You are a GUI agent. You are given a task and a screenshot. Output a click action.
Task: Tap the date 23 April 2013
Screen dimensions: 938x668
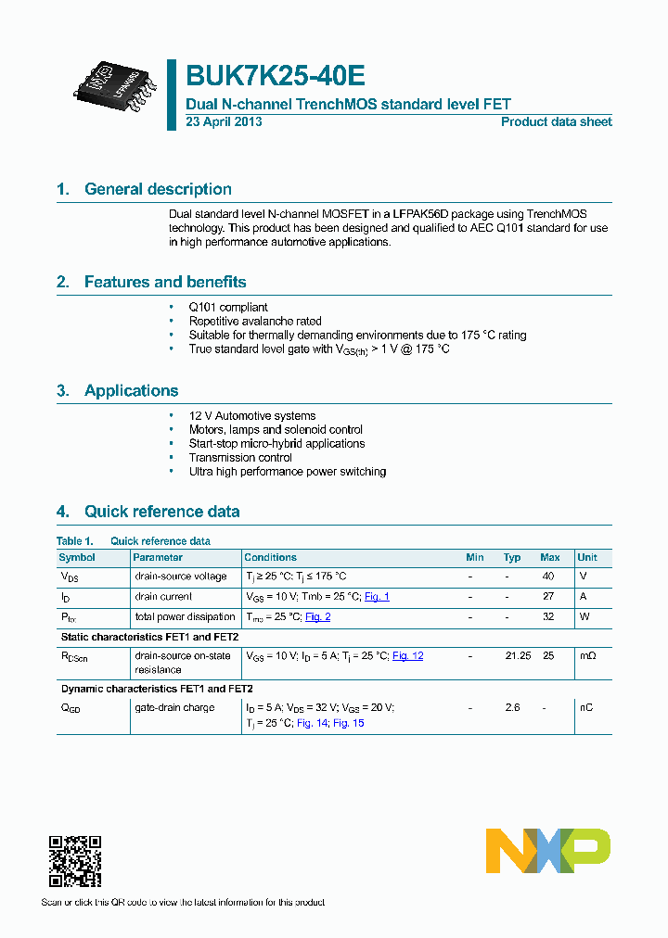[224, 122]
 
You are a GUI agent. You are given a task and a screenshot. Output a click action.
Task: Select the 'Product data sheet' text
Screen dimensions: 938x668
[556, 122]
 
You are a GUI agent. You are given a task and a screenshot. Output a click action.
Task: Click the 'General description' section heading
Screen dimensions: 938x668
[158, 189]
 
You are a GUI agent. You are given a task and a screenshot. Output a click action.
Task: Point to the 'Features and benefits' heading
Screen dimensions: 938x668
[165, 282]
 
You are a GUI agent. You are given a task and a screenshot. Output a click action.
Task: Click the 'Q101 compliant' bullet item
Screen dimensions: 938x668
[228, 307]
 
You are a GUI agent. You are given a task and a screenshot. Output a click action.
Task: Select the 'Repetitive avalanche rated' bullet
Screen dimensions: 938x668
[255, 321]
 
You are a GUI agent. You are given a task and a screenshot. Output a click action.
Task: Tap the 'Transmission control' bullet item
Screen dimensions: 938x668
[240, 457]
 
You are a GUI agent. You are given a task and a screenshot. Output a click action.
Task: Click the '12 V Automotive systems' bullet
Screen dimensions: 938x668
[252, 416]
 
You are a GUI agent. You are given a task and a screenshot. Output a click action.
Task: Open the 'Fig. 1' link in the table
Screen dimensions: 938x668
[377, 597]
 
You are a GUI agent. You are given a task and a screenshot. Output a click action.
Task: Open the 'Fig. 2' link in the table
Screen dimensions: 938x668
[317, 617]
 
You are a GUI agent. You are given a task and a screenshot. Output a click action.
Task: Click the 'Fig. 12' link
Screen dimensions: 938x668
[407, 656]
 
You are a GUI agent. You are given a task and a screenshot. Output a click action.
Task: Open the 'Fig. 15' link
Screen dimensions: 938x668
[348, 723]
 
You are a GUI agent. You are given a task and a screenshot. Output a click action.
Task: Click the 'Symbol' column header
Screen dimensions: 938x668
[77, 557]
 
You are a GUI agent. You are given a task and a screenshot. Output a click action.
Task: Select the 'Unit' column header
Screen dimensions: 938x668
[587, 557]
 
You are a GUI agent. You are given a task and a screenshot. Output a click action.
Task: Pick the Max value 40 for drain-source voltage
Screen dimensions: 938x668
[548, 577]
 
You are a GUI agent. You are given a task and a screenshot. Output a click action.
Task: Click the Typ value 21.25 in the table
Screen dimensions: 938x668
[517, 656]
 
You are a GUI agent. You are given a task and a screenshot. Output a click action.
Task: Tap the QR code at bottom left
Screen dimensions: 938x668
[74, 861]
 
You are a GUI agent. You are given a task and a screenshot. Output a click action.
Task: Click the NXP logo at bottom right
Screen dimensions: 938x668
[548, 851]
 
